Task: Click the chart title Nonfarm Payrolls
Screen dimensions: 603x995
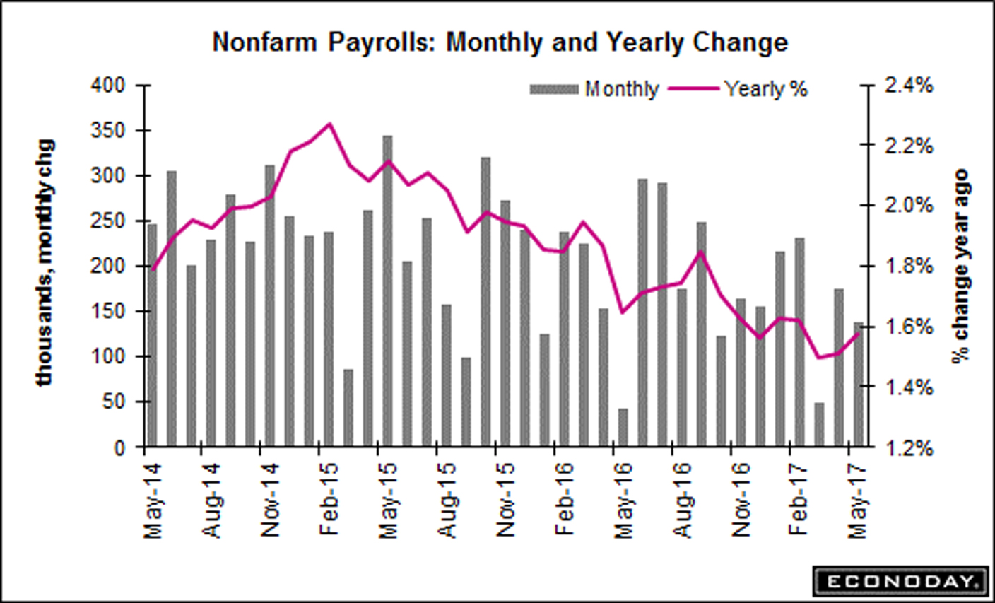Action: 500,43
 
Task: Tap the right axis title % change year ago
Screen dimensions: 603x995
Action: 960,266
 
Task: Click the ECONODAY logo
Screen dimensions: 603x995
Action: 899,581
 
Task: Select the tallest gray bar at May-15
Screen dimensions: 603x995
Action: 387,290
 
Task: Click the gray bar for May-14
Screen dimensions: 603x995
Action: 152,335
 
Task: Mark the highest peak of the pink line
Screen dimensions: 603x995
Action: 329,124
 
